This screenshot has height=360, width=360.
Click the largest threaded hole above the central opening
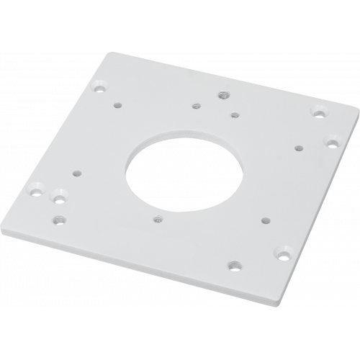pyautogui.click(x=222, y=95)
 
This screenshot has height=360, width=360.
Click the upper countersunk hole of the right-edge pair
pyautogui.click(x=318, y=112)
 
